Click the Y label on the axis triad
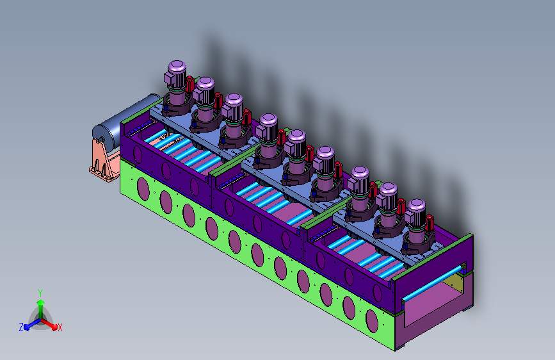(x=40, y=293)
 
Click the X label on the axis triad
(x=60, y=327)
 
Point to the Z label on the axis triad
(x=21, y=327)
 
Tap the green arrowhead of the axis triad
(x=41, y=303)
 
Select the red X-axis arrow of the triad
(x=49, y=323)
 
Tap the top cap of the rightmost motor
(x=416, y=205)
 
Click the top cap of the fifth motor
(x=296, y=136)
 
